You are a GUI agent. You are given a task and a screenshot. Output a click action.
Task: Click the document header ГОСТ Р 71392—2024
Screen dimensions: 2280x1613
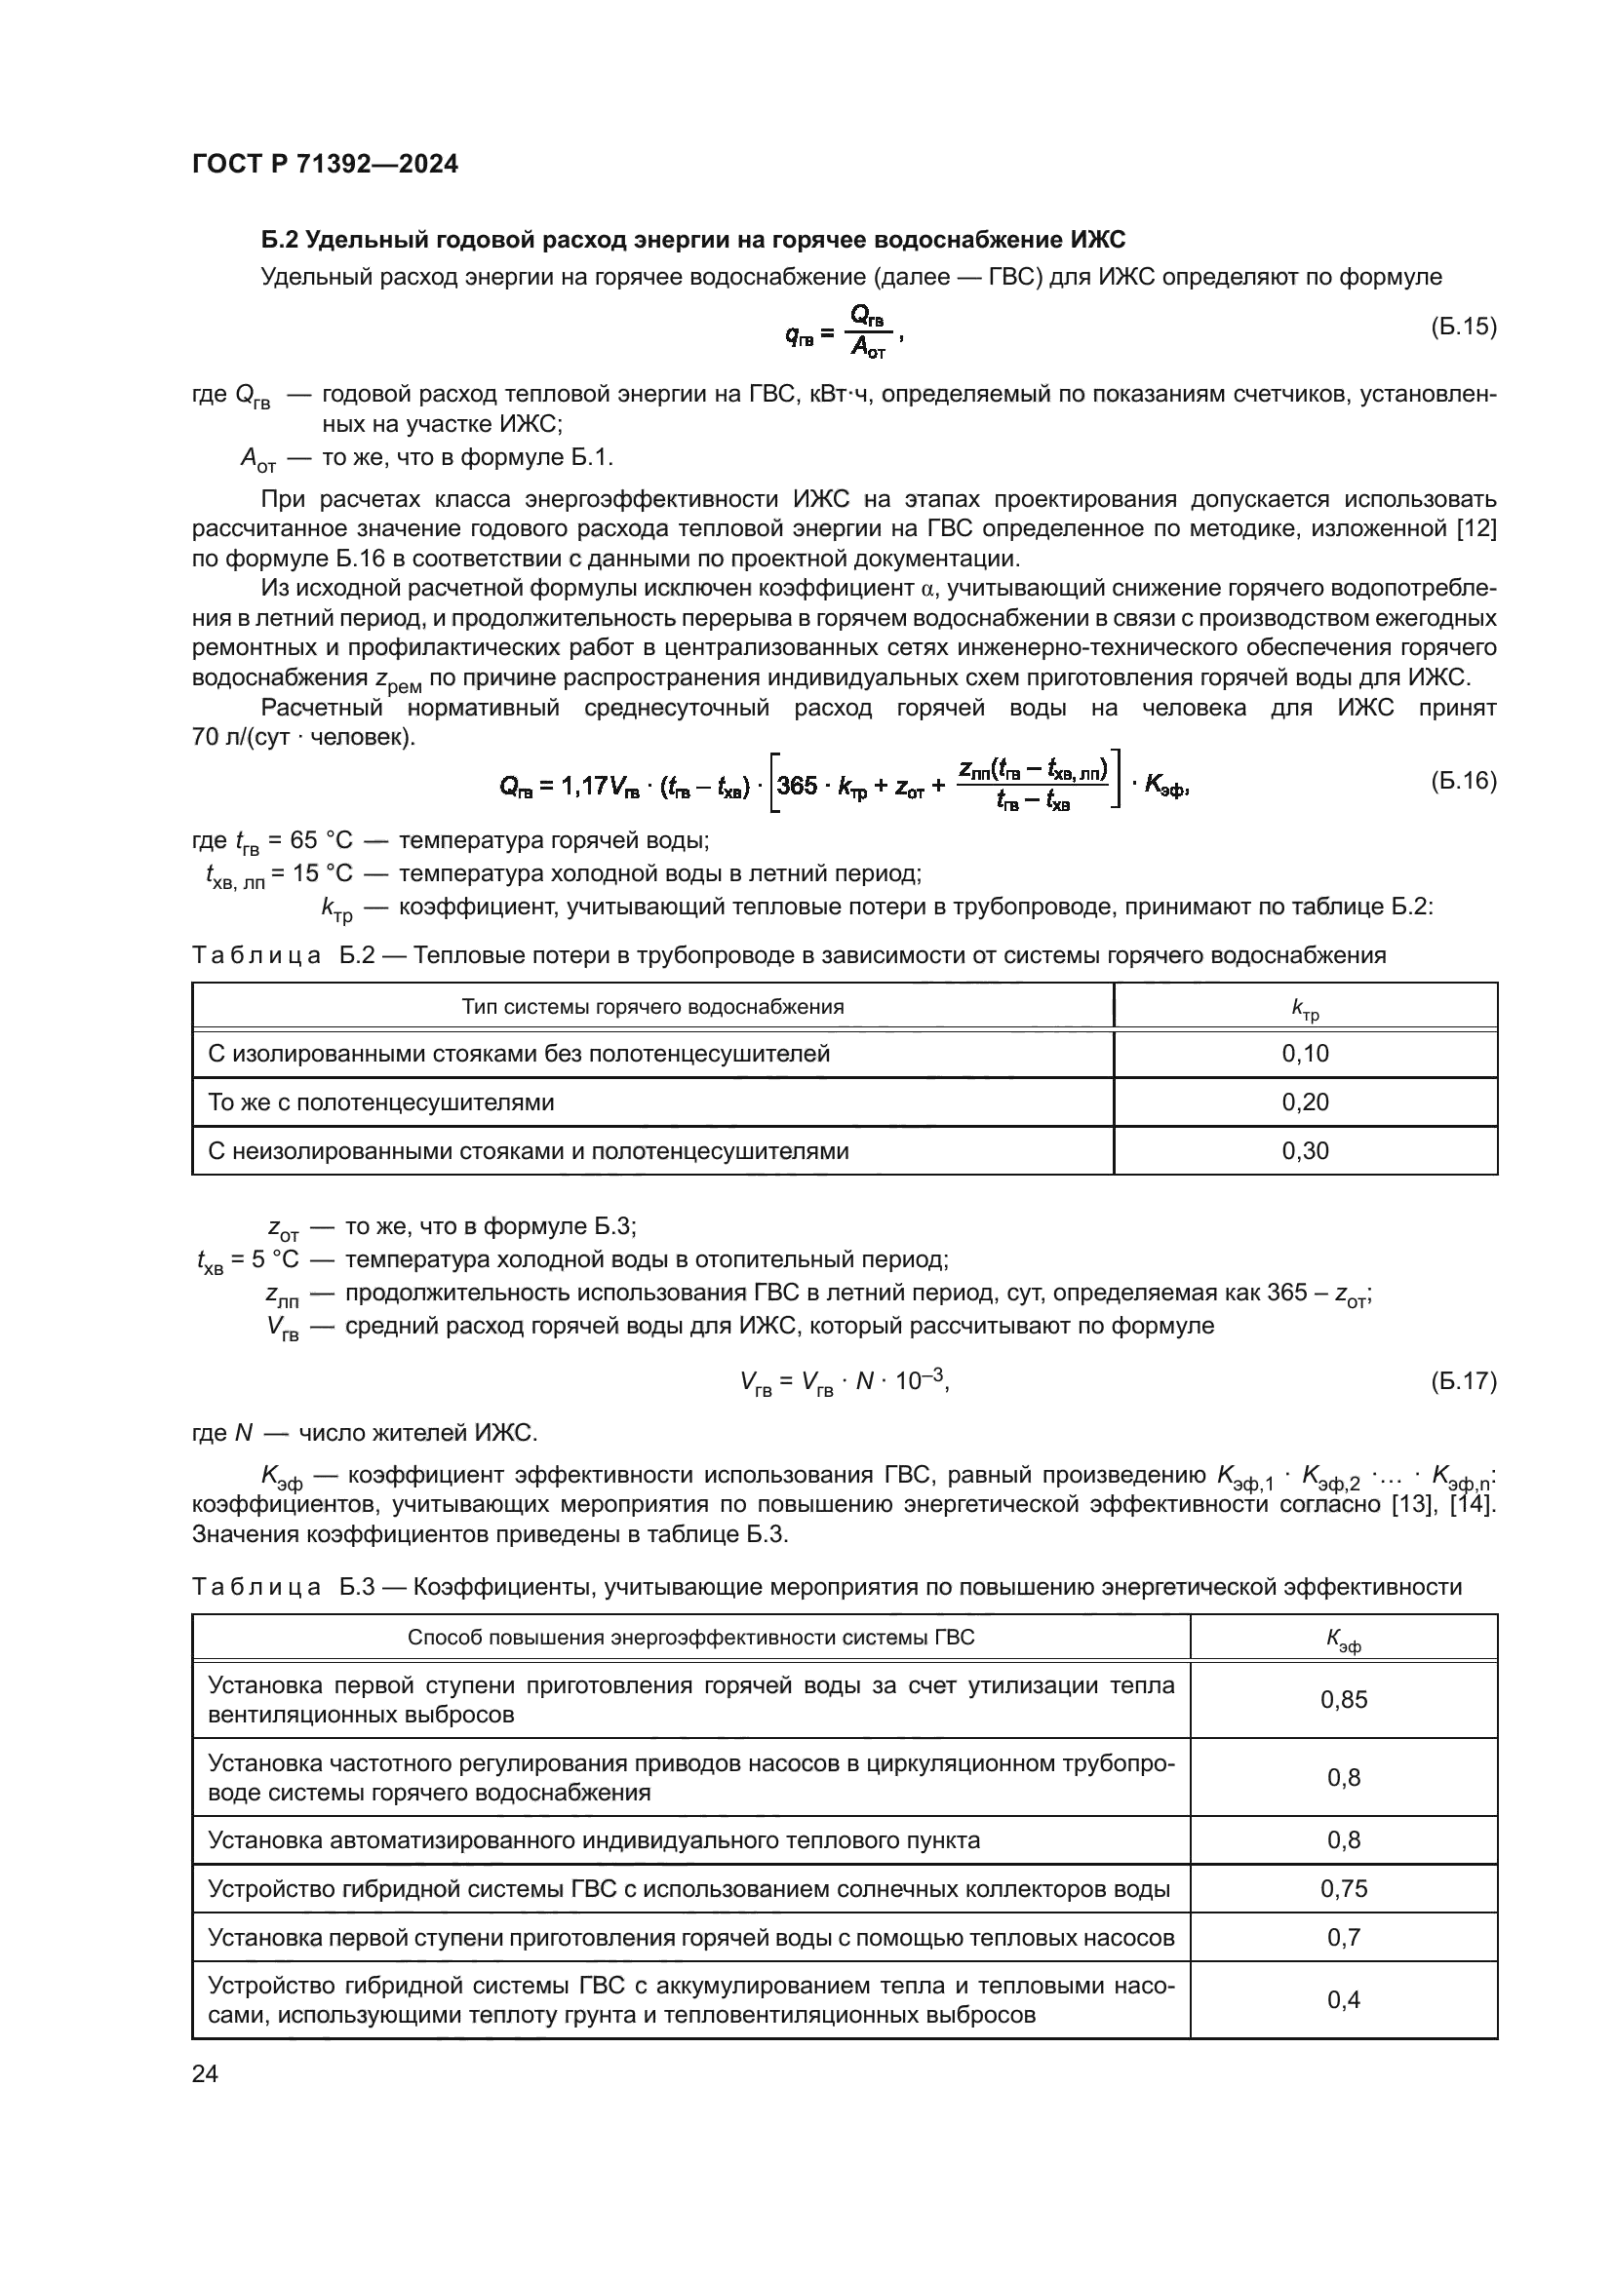[325, 165]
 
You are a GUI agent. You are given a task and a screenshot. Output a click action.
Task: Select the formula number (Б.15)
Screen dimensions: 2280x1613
[1463, 327]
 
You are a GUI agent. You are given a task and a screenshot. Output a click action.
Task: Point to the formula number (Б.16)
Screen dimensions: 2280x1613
[1463, 781]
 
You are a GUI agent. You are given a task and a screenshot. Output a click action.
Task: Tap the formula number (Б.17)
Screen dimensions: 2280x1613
[1463, 1381]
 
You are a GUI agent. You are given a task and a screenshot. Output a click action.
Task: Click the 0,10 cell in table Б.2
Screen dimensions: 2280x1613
[1305, 1054]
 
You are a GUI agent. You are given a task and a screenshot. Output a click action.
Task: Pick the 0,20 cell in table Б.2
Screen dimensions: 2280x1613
[1305, 1102]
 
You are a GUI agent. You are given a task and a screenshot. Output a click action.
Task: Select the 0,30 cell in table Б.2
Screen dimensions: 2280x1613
[1305, 1151]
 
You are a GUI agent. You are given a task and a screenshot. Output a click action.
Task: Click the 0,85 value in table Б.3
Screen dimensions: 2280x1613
[1343, 1699]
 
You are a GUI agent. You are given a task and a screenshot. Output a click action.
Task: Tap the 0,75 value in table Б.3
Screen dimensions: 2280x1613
[1343, 1888]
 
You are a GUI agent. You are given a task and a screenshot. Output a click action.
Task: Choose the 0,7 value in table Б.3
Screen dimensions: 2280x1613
[1343, 1937]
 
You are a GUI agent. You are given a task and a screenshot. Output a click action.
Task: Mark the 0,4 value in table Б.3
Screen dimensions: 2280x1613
[1343, 1999]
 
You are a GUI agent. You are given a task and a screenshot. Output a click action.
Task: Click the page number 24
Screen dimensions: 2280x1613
[205, 2073]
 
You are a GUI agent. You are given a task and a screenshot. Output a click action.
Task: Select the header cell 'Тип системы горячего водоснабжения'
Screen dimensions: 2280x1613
[652, 1007]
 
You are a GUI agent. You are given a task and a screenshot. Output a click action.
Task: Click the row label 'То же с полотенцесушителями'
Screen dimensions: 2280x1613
[380, 1102]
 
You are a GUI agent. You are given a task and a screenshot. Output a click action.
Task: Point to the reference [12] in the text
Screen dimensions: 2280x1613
[1475, 528]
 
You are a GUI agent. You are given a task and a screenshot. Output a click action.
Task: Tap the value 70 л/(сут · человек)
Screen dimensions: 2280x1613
[303, 739]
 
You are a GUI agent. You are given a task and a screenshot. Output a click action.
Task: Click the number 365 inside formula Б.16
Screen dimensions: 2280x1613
[797, 786]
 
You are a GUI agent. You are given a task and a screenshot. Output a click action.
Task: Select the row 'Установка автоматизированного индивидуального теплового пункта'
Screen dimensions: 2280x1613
[593, 1840]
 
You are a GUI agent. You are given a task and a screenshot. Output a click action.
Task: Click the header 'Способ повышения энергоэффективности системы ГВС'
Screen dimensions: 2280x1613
[690, 1638]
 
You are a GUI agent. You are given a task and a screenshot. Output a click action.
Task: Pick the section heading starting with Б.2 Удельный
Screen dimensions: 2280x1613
[692, 241]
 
